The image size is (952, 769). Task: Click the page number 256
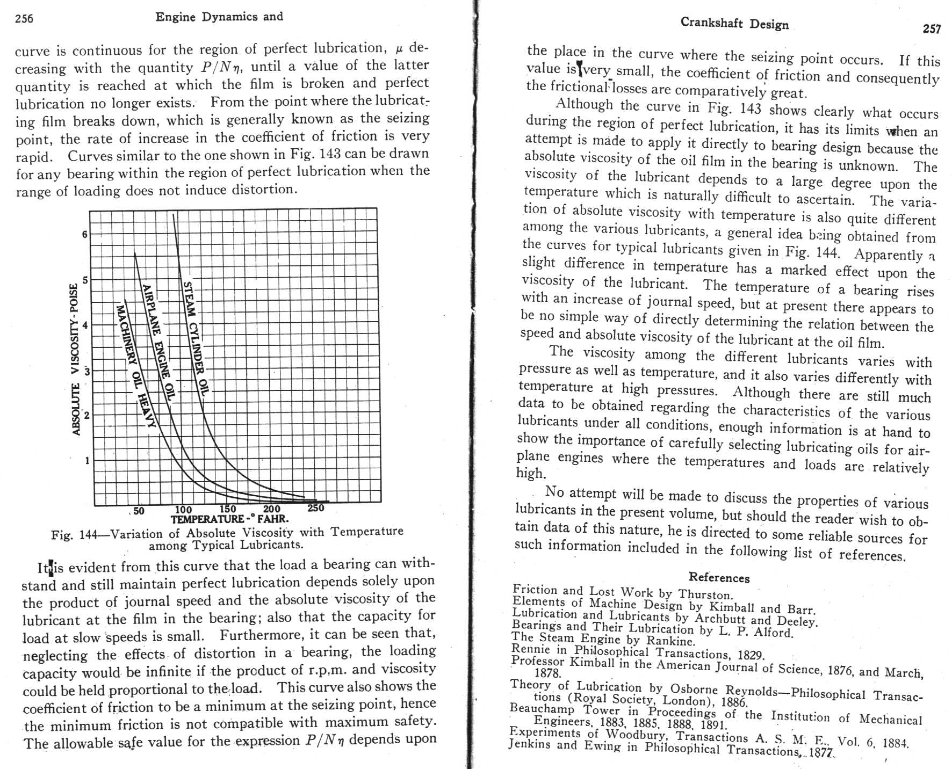[x=24, y=19]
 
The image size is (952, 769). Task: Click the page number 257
[x=932, y=29]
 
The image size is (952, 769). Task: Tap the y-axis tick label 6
[x=84, y=234]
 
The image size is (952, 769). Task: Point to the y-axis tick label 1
[x=86, y=460]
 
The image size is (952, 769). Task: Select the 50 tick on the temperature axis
[x=139, y=511]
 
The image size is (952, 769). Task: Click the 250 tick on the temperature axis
[x=315, y=508]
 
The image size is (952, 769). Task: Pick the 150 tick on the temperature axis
[x=228, y=509]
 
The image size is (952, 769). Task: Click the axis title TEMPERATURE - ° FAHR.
[x=229, y=519]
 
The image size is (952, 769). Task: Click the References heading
[x=719, y=578]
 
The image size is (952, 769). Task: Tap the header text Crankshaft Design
[x=734, y=24]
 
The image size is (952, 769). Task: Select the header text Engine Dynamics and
[x=219, y=17]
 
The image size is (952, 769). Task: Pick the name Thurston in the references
[x=705, y=594]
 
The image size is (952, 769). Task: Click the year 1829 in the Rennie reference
[x=750, y=655]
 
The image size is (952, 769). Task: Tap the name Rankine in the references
[x=670, y=641]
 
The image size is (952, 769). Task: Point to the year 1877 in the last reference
[x=820, y=753]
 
